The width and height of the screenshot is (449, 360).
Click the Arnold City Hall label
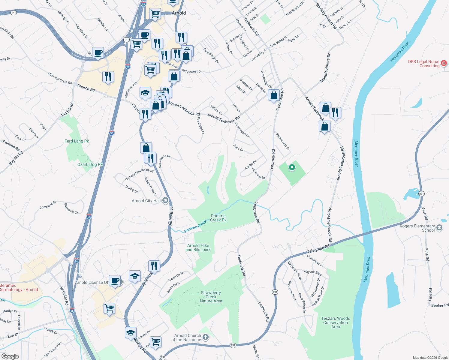[146, 201]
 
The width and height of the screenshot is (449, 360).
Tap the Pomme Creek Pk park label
[218, 218]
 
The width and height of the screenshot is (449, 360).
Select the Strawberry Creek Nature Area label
[211, 297]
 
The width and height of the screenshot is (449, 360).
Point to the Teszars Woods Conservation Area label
[336, 322]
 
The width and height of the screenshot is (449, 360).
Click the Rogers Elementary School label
[417, 228]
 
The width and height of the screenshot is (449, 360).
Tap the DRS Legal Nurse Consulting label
[423, 64]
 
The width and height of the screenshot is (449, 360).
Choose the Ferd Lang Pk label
[77, 141]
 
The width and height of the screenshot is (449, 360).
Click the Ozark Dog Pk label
[90, 164]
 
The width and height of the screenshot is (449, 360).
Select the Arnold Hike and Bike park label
[198, 247]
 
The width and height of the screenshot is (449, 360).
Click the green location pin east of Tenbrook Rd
[292, 167]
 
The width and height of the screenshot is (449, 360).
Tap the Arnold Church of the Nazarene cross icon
[206, 337]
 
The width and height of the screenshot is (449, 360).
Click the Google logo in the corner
[10, 356]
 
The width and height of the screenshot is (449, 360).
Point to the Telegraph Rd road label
[318, 248]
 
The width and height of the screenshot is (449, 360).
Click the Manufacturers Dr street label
[325, 68]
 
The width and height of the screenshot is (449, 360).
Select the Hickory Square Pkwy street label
[139, 175]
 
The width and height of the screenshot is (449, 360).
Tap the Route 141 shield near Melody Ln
[13, 13]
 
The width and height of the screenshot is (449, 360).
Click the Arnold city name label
[179, 13]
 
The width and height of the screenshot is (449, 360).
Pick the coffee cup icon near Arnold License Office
[115, 281]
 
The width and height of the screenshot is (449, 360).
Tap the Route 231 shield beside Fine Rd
[421, 193]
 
